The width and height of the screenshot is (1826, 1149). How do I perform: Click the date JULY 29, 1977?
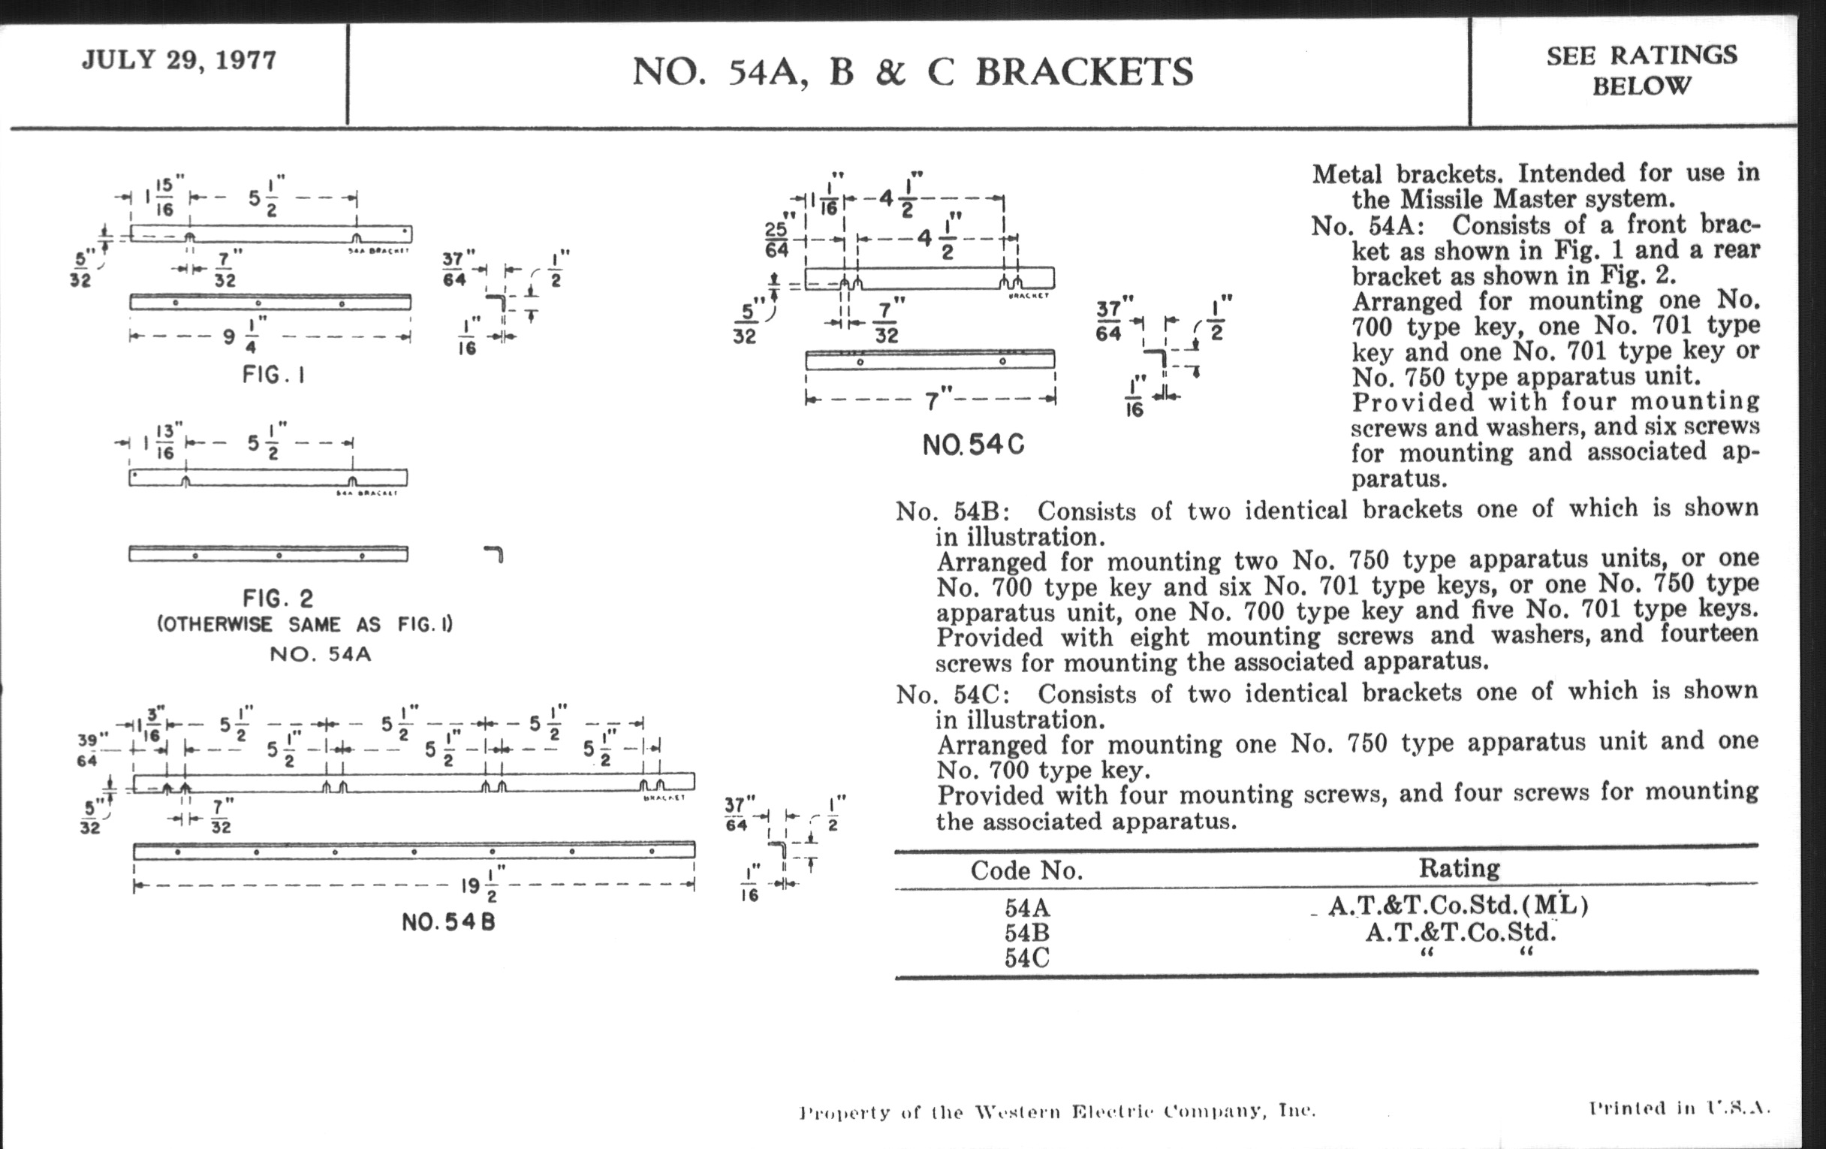(179, 60)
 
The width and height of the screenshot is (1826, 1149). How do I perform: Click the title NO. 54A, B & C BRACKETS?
(912, 72)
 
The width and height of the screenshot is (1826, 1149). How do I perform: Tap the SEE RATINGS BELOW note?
(1641, 70)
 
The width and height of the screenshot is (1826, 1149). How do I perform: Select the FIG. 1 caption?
(273, 375)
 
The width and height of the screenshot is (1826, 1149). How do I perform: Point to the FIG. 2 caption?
(278, 599)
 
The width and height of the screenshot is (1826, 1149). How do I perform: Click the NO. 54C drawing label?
(973, 445)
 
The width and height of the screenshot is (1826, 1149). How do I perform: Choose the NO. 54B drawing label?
(448, 922)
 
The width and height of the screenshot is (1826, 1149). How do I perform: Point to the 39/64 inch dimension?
(92, 749)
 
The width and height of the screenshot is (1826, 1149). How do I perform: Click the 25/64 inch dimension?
(777, 239)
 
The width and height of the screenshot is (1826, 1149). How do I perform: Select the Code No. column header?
(1026, 870)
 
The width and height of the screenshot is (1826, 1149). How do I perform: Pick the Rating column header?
(1459, 868)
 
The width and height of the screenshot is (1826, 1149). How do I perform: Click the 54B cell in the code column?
(1026, 932)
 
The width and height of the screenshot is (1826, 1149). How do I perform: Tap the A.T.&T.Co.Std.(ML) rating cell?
(1457, 906)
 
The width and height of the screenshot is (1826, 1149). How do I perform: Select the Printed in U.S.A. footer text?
(1679, 1108)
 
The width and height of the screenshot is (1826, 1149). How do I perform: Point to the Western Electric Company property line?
(1057, 1112)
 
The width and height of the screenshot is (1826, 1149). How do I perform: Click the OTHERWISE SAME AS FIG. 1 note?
(305, 625)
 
